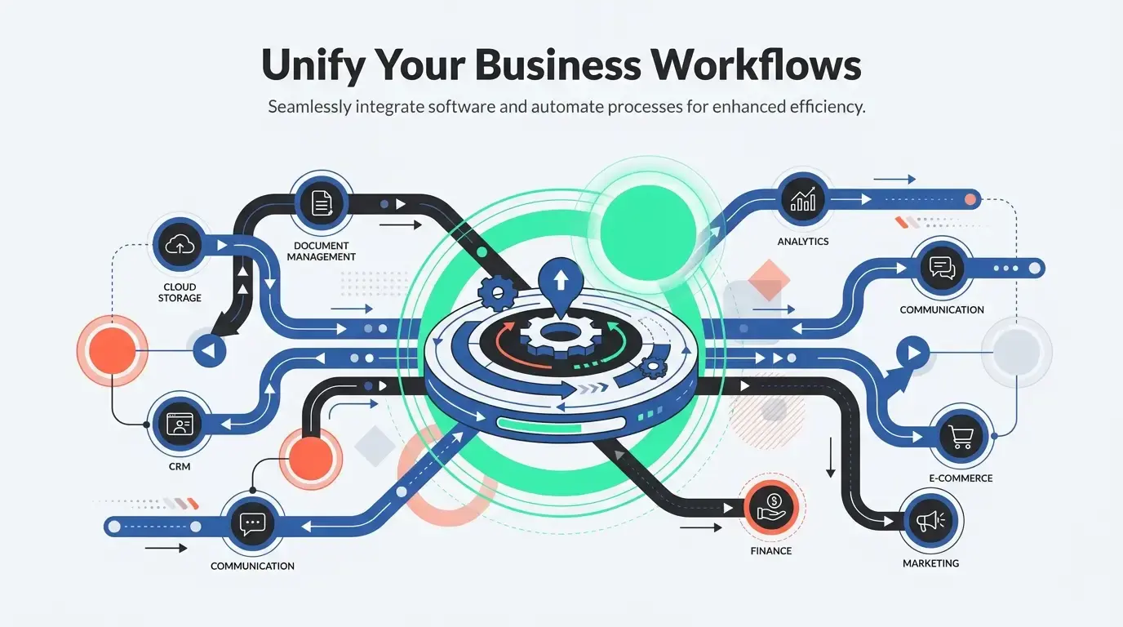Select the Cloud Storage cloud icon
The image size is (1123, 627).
click(180, 244)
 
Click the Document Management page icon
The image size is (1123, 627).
click(322, 202)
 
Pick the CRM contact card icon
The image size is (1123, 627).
click(179, 425)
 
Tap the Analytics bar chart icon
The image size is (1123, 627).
click(802, 198)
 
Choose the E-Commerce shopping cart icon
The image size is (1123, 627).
click(961, 437)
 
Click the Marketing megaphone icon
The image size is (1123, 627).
click(930, 522)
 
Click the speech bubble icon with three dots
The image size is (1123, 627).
click(252, 523)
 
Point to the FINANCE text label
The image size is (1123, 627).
click(770, 551)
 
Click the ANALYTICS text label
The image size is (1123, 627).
click(802, 242)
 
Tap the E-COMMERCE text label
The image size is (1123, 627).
click(961, 478)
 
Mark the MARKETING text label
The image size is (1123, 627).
click(930, 563)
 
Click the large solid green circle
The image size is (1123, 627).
click(647, 230)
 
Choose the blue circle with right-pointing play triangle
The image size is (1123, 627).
click(912, 353)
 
